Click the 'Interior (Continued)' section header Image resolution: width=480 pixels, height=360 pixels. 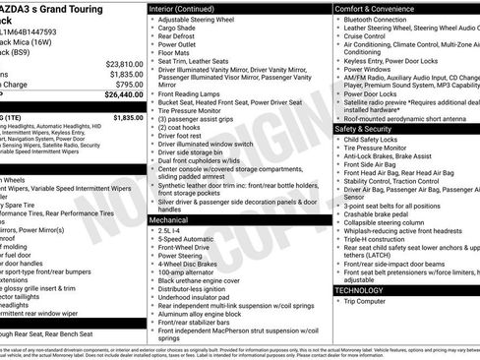(189, 9)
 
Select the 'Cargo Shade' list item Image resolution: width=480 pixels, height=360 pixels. (180, 30)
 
